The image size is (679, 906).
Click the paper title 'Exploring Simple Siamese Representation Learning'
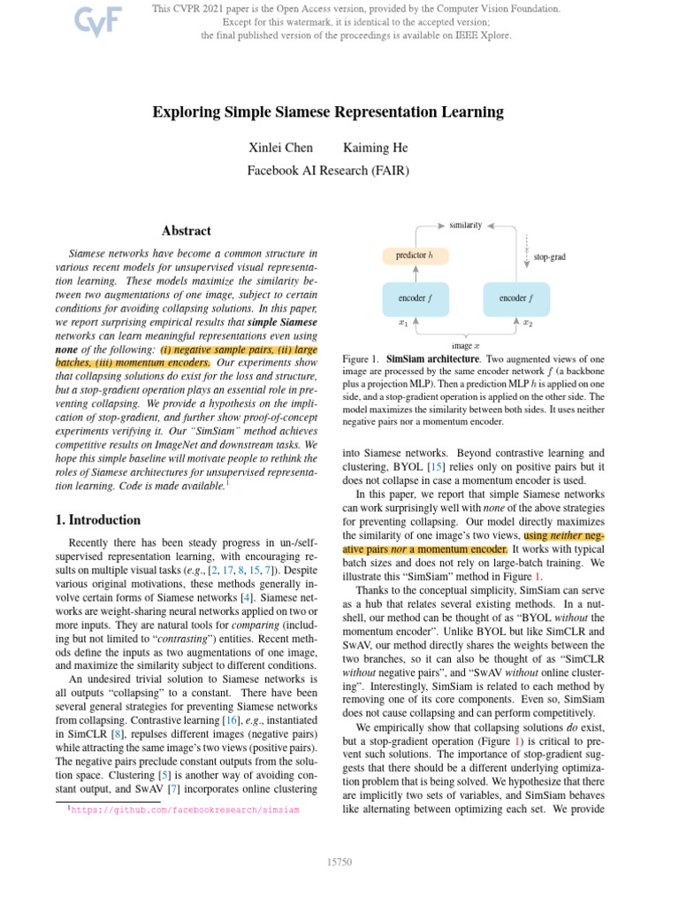[328, 111]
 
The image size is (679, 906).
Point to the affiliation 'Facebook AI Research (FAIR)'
[328, 169]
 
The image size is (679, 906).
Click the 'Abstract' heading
[186, 231]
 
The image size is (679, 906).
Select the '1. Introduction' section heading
[99, 520]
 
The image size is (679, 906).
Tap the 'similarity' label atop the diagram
[465, 226]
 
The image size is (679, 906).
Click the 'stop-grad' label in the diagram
[549, 257]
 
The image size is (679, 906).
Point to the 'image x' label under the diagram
[465, 345]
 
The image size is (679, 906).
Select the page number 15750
[339, 861]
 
